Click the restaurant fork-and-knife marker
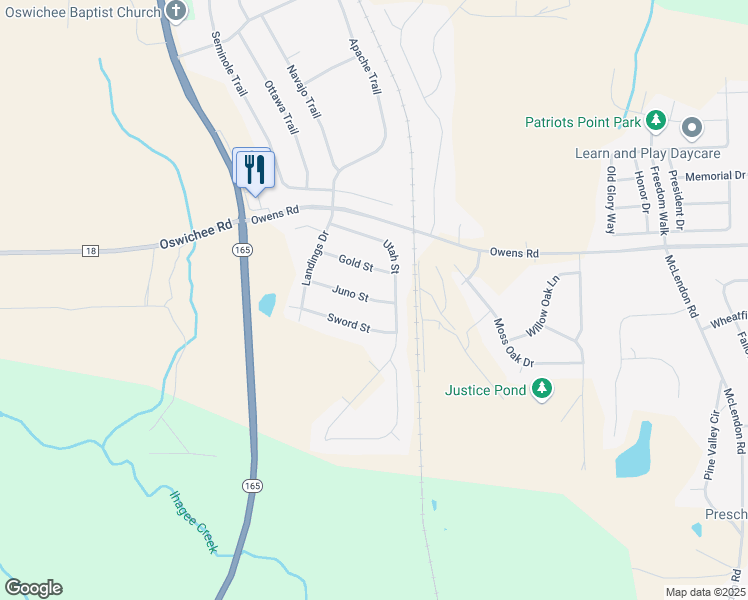click(x=254, y=167)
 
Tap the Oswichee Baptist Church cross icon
click(x=176, y=12)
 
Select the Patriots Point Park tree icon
click(x=656, y=122)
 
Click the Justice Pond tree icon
click(x=542, y=389)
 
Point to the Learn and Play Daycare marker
click(x=692, y=128)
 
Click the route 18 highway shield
click(x=91, y=250)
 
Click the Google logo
click(x=33, y=588)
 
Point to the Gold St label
click(x=355, y=264)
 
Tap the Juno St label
click(x=349, y=295)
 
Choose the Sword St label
click(x=349, y=324)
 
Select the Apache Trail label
click(x=364, y=66)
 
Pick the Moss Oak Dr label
click(x=514, y=341)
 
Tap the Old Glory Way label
click(x=611, y=200)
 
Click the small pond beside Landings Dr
click(x=267, y=304)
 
